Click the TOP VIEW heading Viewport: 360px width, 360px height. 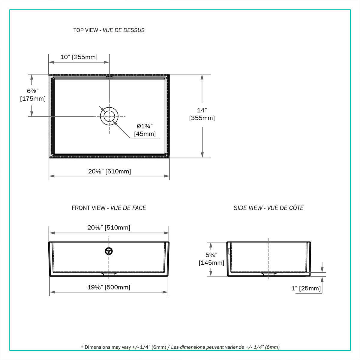109,30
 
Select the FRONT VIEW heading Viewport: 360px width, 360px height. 109,208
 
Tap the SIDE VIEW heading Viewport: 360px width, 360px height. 268,208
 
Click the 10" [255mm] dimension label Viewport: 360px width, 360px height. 79,57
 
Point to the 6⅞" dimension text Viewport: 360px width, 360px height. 33,91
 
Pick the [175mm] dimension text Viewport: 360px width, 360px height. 33,99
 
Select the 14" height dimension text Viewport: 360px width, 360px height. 202,110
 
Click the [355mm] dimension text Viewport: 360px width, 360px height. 202,118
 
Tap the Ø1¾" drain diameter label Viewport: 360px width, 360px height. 145,126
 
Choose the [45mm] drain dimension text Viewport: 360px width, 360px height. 145,134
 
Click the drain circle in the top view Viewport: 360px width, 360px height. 109,116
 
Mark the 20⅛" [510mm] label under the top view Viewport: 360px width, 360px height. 109,171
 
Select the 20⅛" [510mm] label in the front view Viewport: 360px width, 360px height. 109,227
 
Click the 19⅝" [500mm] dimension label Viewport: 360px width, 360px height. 109,287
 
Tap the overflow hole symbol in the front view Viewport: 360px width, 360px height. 109,251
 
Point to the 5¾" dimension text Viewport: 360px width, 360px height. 211,255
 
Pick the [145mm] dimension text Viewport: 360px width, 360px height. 211,263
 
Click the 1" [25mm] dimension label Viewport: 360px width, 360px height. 306,288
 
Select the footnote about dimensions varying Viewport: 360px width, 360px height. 180,347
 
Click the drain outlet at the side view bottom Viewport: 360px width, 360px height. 269,274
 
